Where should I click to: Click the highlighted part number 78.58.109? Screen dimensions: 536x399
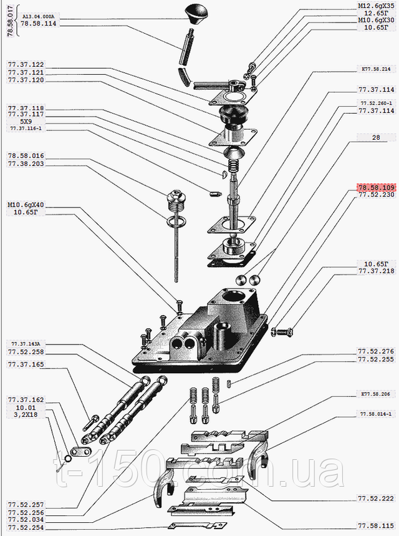[377, 187]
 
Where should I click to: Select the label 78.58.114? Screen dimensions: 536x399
[38, 23]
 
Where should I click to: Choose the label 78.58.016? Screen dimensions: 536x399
[26, 156]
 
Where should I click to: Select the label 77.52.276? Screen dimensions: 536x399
[376, 351]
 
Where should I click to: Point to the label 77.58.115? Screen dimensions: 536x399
[376, 525]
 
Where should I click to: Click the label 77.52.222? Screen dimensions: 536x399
[376, 499]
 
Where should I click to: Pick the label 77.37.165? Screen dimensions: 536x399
[26, 364]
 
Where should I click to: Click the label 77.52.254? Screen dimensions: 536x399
[26, 527]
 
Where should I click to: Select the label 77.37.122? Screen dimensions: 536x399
[26, 65]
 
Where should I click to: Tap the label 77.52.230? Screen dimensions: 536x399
[376, 195]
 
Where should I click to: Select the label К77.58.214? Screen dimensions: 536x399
[376, 69]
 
